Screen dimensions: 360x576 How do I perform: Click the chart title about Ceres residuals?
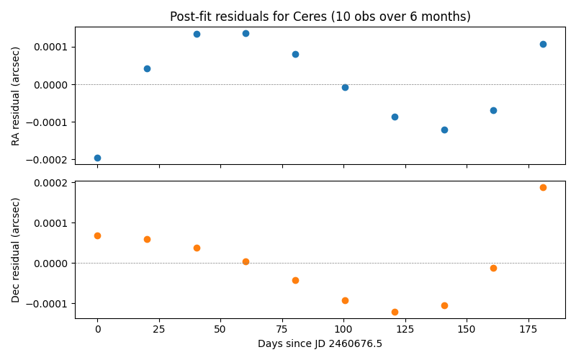pos(320,17)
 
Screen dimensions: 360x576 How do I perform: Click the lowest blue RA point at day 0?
pos(97,158)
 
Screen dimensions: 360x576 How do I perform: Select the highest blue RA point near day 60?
pos(246,33)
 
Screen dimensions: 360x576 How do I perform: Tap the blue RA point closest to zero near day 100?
pos(345,87)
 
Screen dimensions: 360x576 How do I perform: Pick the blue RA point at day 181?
pos(543,44)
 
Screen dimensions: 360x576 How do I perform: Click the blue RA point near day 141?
pos(444,130)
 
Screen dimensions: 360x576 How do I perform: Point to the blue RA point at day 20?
pos(147,68)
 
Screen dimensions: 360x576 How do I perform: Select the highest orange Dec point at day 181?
pos(543,187)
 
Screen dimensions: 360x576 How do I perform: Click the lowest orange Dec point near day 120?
pos(395,312)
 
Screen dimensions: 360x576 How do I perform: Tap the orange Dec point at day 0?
pos(97,235)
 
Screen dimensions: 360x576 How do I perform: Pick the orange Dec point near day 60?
pos(246,261)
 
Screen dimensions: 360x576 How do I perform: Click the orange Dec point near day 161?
pos(493,268)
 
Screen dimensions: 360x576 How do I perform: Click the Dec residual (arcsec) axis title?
pos(16,249)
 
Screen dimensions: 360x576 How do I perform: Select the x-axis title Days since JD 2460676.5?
pos(320,344)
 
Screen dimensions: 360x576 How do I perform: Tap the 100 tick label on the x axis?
pos(343,330)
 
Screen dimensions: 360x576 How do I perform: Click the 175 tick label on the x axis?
pos(528,330)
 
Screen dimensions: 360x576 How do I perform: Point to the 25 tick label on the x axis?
pos(159,330)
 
